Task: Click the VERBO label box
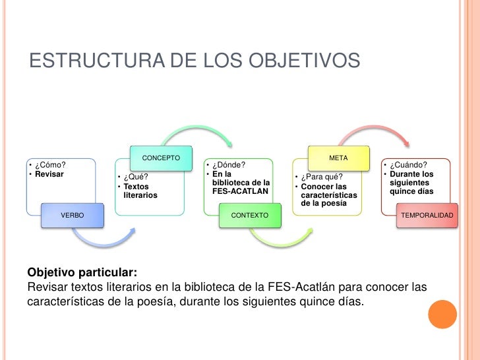click(73, 216)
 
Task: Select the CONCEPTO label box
click(161, 158)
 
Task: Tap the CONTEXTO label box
click(250, 216)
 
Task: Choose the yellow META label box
click(338, 158)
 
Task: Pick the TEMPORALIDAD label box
click(427, 216)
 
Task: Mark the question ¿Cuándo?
click(409, 165)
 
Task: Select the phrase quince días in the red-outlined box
click(411, 191)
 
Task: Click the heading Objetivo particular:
click(82, 273)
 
